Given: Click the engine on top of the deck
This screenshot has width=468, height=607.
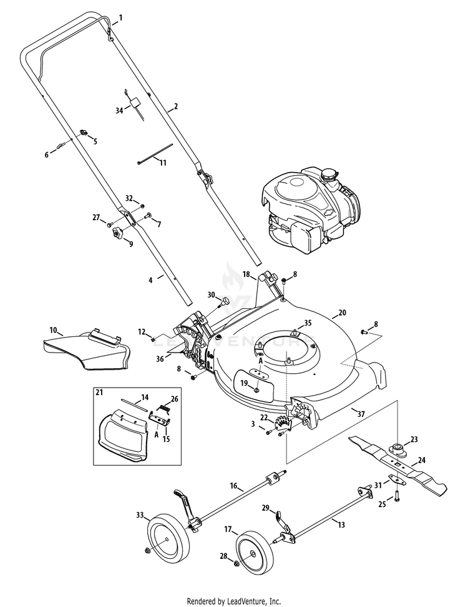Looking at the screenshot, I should click(311, 209).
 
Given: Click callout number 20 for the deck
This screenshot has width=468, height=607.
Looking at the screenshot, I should click(341, 313).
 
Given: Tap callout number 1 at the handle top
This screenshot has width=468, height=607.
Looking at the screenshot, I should click(121, 18).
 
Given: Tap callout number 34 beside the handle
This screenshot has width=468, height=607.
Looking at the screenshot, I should click(119, 110).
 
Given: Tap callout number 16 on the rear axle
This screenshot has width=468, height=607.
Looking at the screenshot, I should click(234, 485).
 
